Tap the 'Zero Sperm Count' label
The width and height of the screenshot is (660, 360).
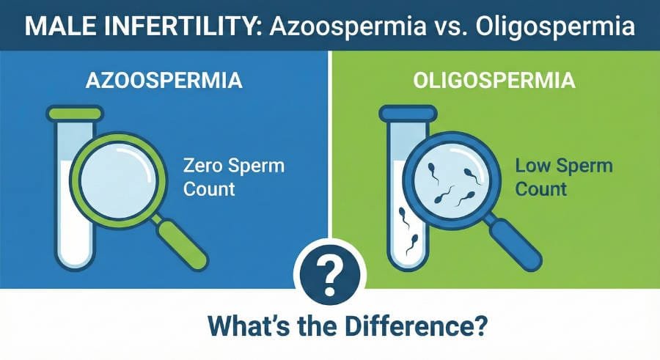tap(233, 176)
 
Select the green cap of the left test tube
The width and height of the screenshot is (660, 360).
tap(75, 113)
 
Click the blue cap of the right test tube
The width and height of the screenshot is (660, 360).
tap(408, 113)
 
